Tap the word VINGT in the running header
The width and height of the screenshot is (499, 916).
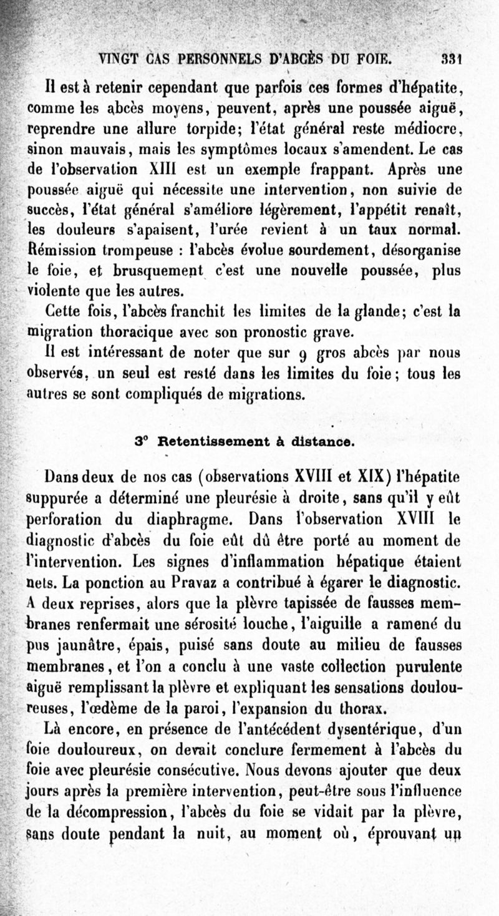pos(121,60)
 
